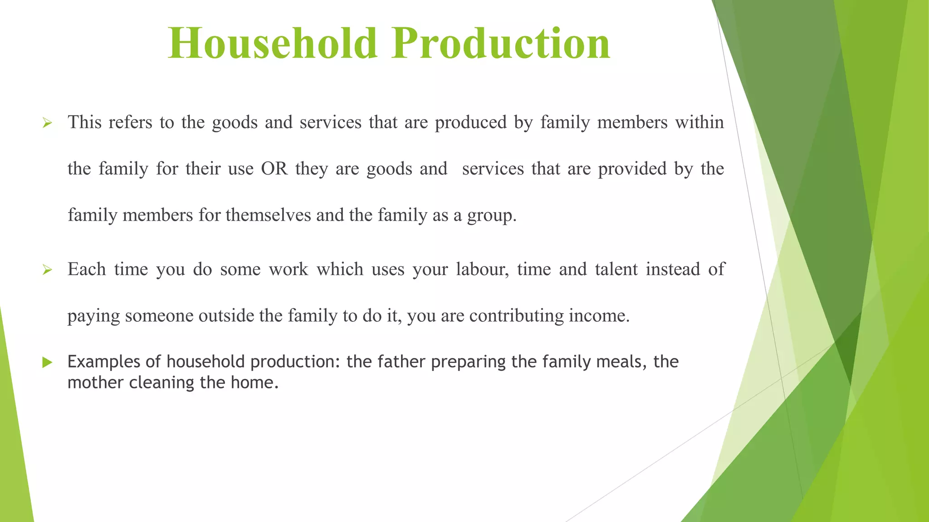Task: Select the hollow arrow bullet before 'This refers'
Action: (47, 123)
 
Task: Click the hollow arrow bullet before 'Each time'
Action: (47, 270)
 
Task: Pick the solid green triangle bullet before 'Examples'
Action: (47, 362)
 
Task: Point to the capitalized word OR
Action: (274, 169)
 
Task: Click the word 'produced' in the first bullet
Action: (470, 123)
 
